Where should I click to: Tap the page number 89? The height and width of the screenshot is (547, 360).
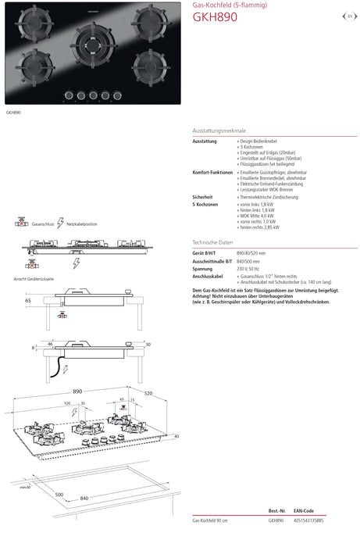[x=349, y=15]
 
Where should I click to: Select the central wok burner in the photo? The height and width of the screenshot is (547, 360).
[x=92, y=45]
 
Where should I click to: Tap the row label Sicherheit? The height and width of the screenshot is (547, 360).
[x=202, y=196]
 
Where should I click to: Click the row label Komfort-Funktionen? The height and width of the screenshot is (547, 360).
[x=212, y=172]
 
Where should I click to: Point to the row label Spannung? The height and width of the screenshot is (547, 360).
[x=203, y=269]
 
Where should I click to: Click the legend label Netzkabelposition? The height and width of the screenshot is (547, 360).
[x=82, y=223]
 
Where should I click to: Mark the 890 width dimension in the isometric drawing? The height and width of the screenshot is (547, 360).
[x=77, y=390]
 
